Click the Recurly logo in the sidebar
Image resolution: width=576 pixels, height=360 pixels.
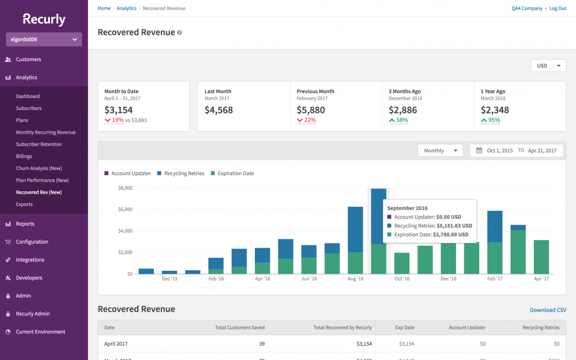pyautogui.click(x=44, y=19)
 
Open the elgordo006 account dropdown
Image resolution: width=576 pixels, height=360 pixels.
pyautogui.click(x=44, y=40)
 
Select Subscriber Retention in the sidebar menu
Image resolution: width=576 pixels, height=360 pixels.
pyautogui.click(x=39, y=144)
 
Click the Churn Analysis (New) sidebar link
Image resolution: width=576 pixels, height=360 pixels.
pyautogui.click(x=39, y=168)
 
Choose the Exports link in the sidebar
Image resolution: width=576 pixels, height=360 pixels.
pyautogui.click(x=24, y=204)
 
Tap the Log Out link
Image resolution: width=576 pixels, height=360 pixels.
pyautogui.click(x=558, y=8)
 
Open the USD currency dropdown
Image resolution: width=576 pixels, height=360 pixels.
pyautogui.click(x=548, y=66)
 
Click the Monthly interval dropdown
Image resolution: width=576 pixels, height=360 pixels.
pyautogui.click(x=439, y=151)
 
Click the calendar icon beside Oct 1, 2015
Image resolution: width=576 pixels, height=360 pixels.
pyautogui.click(x=479, y=151)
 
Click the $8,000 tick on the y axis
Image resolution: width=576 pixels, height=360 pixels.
pyautogui.click(x=124, y=188)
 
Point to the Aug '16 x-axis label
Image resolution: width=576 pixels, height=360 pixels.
pyautogui.click(x=355, y=279)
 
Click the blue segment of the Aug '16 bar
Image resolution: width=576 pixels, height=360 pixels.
pyautogui.click(x=355, y=229)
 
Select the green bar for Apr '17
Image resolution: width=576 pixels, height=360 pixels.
pyautogui.click(x=541, y=257)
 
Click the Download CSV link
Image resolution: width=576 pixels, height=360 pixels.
pyautogui.click(x=547, y=310)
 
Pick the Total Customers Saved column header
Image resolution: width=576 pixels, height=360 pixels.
pyautogui.click(x=239, y=327)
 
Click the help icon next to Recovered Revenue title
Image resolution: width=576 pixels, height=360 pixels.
pyautogui.click(x=180, y=33)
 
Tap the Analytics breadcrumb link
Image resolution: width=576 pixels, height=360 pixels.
pyautogui.click(x=126, y=8)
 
